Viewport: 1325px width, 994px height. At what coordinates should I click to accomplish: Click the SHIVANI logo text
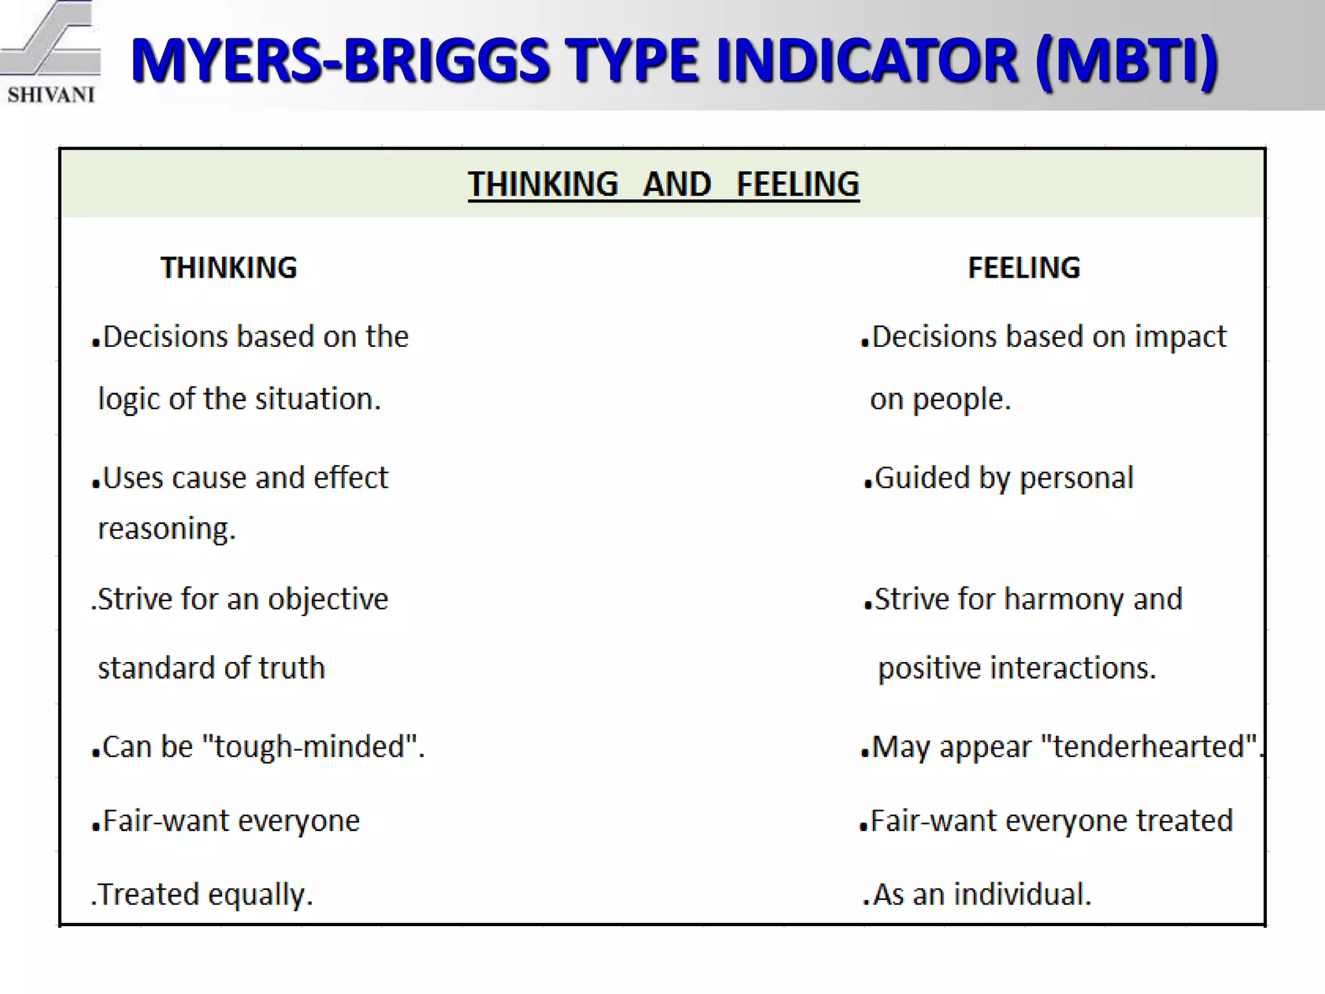(x=51, y=94)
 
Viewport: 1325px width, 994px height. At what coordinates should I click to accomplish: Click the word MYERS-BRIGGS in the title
(x=339, y=61)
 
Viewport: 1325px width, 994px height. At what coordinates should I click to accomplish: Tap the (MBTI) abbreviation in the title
(x=1126, y=61)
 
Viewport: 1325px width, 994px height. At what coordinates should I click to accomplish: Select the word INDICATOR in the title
(x=867, y=61)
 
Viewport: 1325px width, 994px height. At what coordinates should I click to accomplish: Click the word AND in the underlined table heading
(x=677, y=184)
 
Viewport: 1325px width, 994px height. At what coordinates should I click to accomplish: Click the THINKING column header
(x=228, y=268)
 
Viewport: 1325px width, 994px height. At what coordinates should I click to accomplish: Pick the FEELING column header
(x=1024, y=268)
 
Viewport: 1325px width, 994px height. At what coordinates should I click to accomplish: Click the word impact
(x=1180, y=337)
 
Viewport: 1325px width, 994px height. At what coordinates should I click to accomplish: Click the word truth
(x=292, y=668)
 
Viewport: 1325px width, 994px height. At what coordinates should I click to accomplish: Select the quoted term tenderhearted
(x=1148, y=747)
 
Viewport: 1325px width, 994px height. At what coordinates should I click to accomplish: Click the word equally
(x=259, y=894)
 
